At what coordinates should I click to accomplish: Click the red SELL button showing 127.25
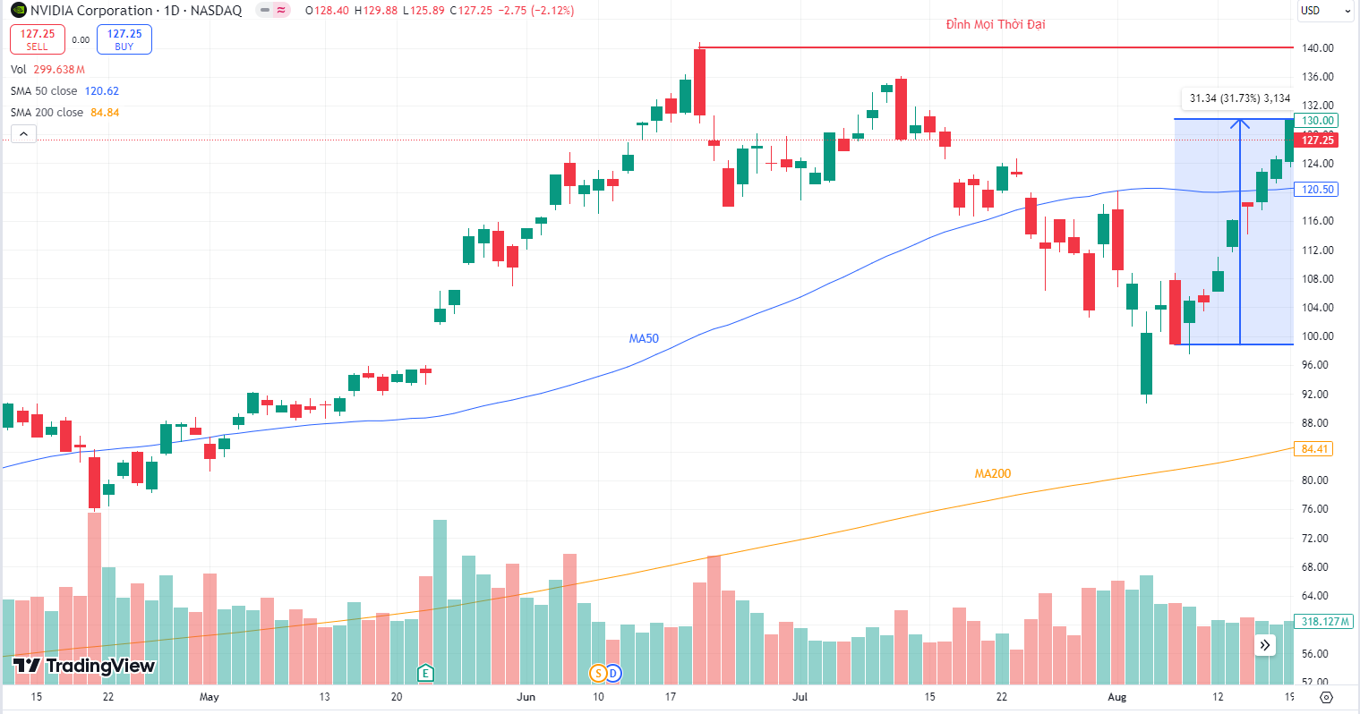tap(37, 39)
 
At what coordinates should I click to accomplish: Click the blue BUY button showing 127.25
tap(124, 39)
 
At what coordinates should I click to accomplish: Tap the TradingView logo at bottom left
tap(84, 666)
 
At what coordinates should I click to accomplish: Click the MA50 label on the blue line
tap(644, 338)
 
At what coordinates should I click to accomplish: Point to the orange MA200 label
tap(993, 473)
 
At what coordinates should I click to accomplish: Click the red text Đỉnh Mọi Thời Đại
tap(996, 24)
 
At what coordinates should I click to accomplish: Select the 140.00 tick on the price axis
tap(1317, 48)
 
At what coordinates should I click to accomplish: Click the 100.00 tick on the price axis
tap(1317, 336)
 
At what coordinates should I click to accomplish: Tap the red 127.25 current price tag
tap(1317, 140)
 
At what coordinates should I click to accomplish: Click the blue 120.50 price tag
tap(1317, 190)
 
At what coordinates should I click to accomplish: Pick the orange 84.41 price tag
tap(1314, 449)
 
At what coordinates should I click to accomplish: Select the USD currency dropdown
tap(1325, 11)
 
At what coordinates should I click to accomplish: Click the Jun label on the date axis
tap(526, 697)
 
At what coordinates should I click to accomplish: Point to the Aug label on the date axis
tap(1116, 697)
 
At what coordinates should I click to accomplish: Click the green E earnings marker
tap(426, 673)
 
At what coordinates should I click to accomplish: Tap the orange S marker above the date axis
tap(598, 673)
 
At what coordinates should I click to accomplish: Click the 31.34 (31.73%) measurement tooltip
tap(1239, 98)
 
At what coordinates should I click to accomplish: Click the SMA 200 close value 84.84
tap(105, 113)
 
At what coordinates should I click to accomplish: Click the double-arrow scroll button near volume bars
tap(1265, 645)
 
